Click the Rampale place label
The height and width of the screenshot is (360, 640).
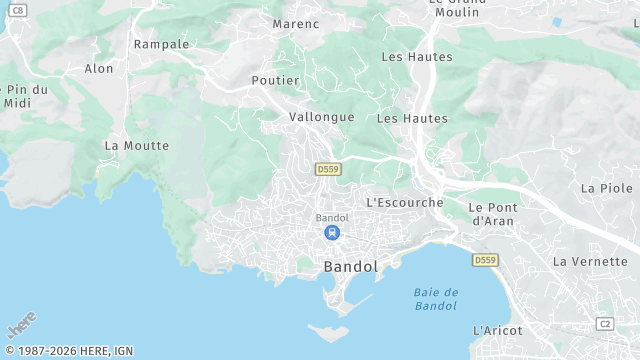tap(161, 44)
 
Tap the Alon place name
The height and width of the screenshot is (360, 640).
tap(99, 69)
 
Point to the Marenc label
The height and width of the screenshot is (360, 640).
tap(296, 24)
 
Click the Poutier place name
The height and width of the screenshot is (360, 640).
tap(275, 80)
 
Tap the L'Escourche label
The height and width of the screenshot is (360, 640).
tap(404, 202)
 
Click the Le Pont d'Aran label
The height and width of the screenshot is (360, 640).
tap(491, 213)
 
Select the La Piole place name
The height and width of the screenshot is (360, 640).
tap(607, 188)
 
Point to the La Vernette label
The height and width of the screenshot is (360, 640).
tap(588, 261)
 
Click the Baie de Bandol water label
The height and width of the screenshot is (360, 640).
tap(436, 298)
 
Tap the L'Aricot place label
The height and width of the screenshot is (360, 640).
tap(497, 330)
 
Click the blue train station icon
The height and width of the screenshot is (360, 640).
tap(331, 233)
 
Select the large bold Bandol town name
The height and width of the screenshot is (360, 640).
tap(351, 267)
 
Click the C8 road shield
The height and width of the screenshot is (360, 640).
tap(19, 9)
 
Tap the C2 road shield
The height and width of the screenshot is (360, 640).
tap(604, 323)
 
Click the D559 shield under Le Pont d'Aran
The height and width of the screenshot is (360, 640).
tap(485, 260)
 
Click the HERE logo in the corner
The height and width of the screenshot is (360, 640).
tap(22, 326)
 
